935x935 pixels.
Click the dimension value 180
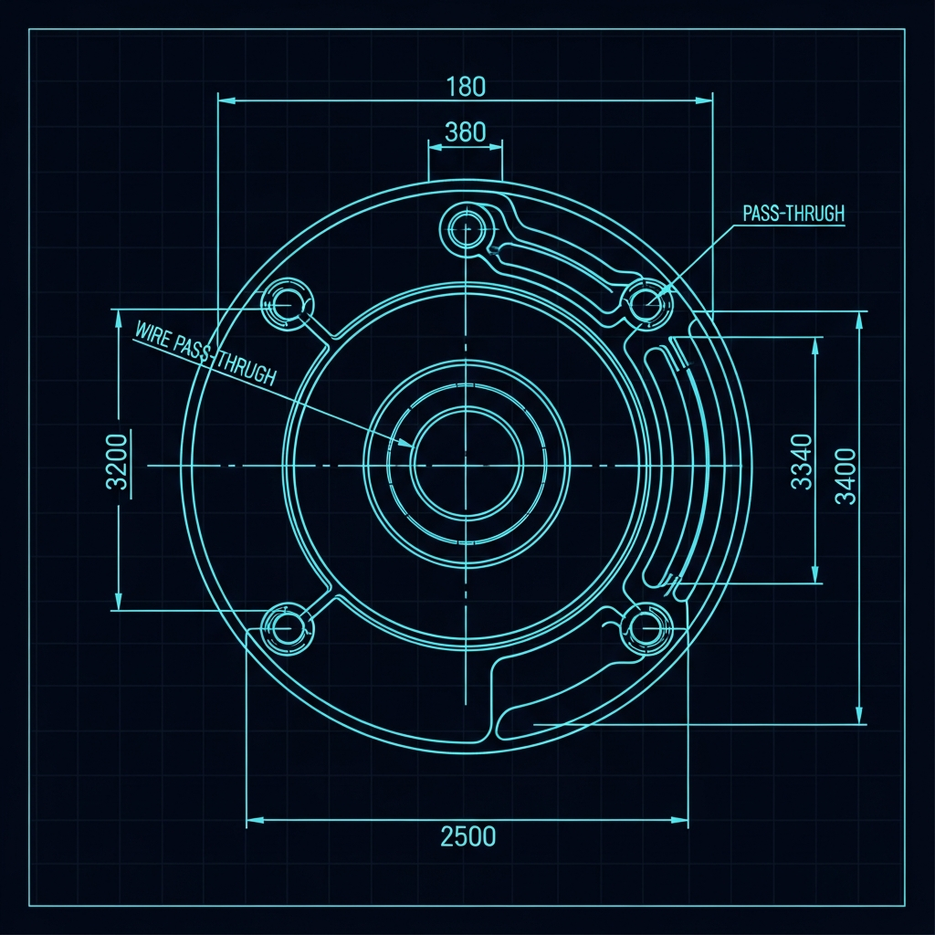click(466, 87)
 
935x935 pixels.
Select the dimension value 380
click(465, 132)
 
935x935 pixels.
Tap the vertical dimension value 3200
click(117, 461)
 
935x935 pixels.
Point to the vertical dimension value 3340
click(802, 461)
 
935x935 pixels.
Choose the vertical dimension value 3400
click(845, 477)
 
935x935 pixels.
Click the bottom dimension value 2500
click(468, 836)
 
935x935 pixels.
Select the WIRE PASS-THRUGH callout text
click(205, 353)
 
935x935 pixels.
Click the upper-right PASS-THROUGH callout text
click(793, 214)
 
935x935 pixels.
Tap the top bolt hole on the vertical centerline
click(467, 227)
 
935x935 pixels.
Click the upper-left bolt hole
click(288, 304)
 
